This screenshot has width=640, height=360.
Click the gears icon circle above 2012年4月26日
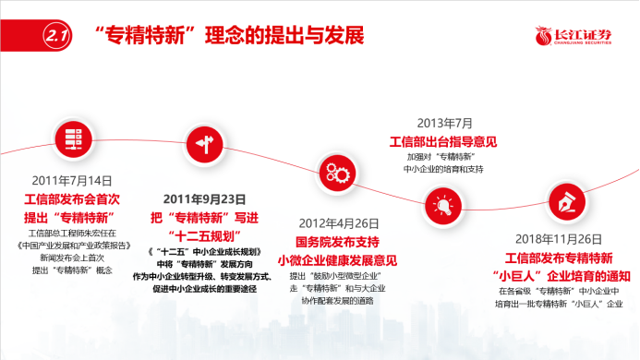click(x=333, y=170)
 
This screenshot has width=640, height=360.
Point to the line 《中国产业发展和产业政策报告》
click(x=70, y=248)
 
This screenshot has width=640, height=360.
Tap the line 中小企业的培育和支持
click(x=445, y=170)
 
